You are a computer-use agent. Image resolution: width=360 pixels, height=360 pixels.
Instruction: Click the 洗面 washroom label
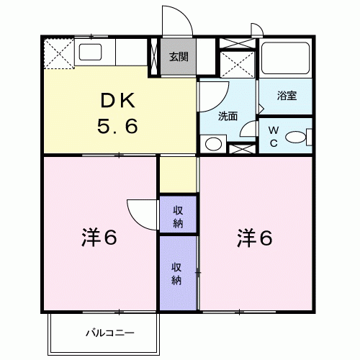229,114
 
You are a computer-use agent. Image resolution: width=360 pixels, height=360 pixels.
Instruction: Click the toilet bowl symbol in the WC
296,137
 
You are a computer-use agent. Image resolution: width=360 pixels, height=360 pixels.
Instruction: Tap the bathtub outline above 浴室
285,61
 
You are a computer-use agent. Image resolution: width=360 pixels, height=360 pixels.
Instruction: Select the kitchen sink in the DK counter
91,53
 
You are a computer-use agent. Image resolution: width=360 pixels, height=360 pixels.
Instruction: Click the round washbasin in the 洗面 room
212,143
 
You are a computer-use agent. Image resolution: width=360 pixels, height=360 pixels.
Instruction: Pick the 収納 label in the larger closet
178,271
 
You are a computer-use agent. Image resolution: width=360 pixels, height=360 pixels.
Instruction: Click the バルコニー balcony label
103,333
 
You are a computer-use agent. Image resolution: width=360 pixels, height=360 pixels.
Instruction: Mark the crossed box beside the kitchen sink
58,53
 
